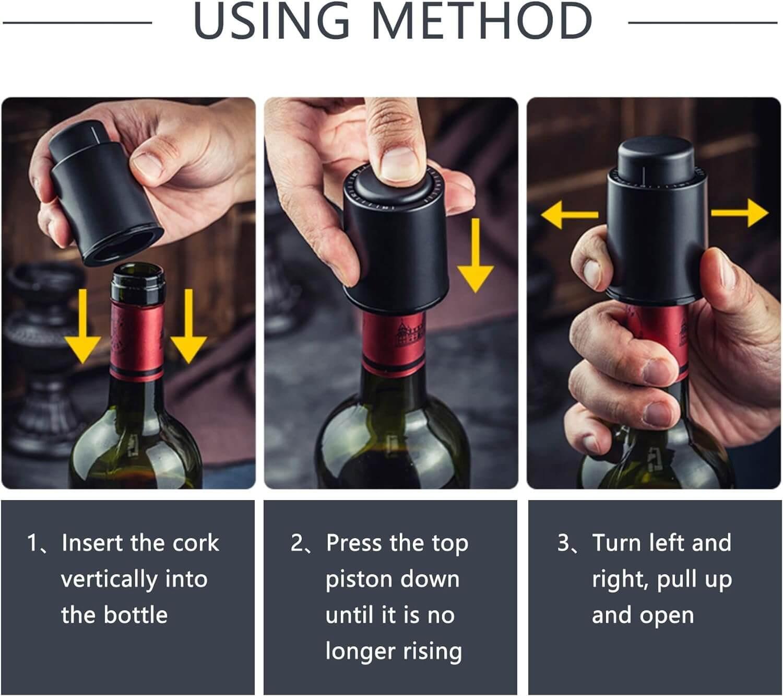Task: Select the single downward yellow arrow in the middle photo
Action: click(475, 256)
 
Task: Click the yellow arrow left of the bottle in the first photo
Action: click(82, 327)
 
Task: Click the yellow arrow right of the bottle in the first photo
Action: click(188, 327)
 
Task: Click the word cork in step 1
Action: click(196, 543)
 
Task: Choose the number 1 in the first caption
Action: click(32, 543)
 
